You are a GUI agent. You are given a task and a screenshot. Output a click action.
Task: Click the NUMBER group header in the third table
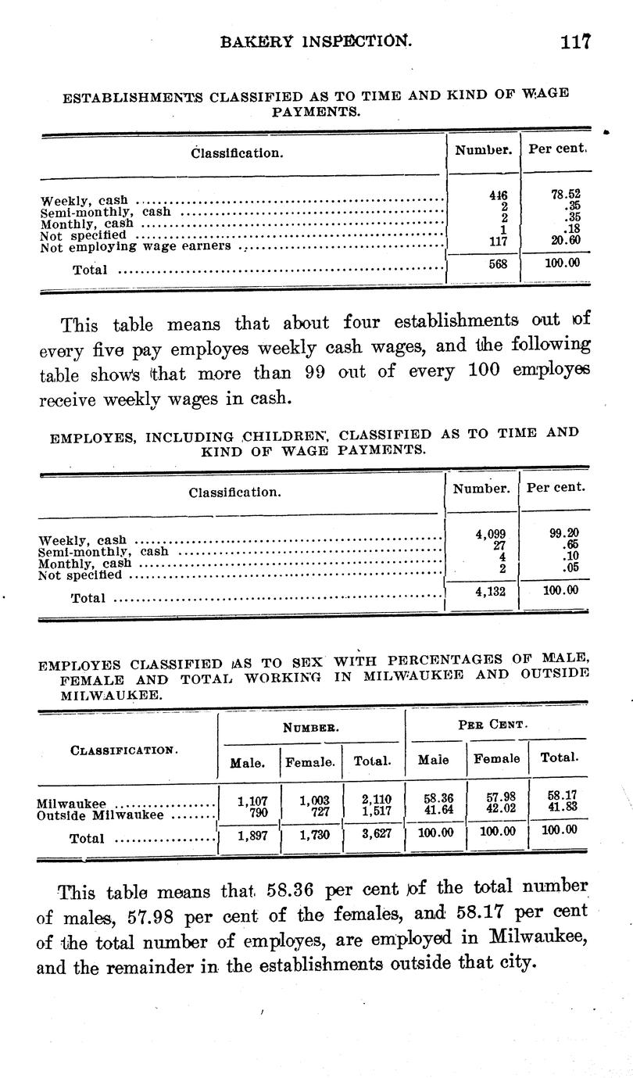click(310, 726)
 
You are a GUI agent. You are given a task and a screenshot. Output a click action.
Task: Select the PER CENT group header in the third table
click(493, 724)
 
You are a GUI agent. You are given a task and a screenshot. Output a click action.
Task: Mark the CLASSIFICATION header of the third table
click(123, 750)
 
